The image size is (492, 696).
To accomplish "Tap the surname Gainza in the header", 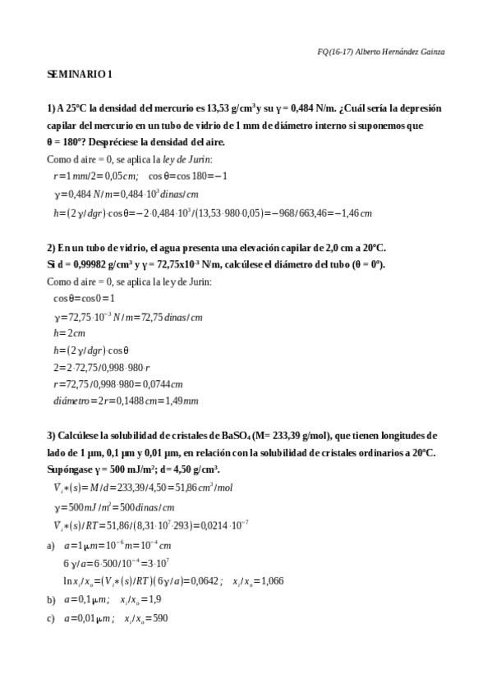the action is coord(428,52).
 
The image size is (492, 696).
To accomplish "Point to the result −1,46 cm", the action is coord(355,213).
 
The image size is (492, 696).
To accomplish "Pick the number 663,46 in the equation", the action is coord(308,213).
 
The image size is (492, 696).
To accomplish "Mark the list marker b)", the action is coord(52,601).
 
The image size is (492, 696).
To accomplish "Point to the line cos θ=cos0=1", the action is coord(84,299).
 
